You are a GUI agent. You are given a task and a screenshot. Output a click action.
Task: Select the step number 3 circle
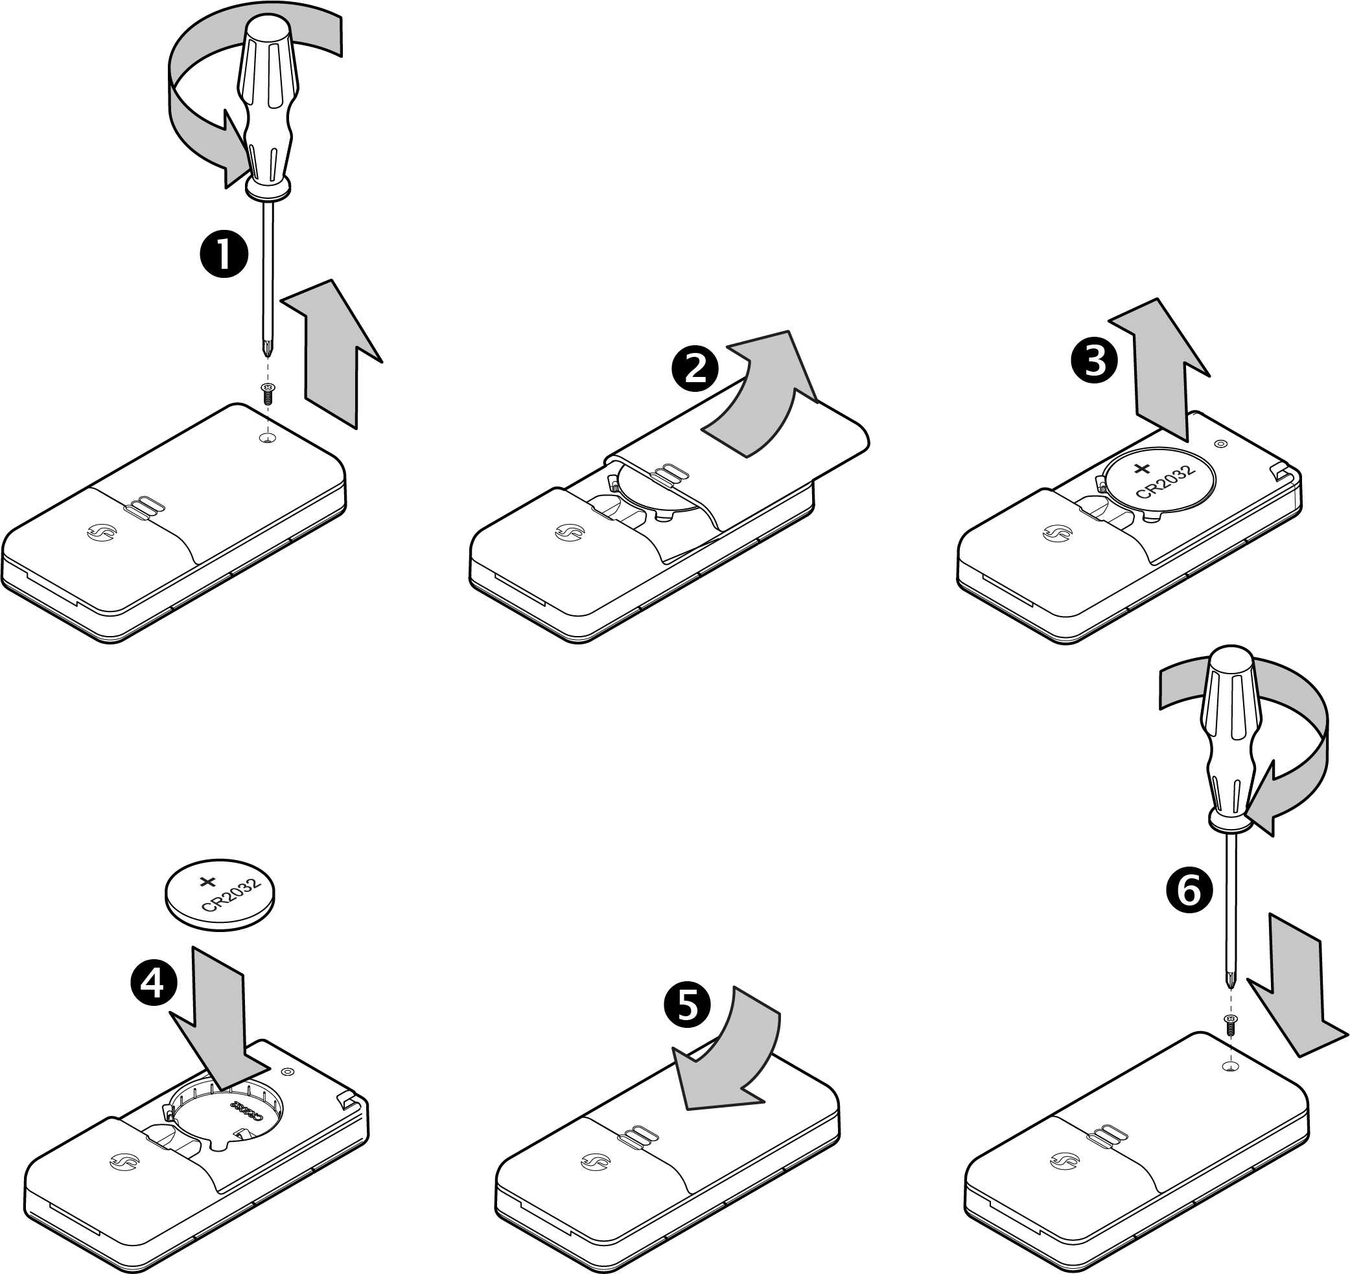pyautogui.click(x=1093, y=361)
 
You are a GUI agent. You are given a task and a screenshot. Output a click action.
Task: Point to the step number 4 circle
pyautogui.click(x=154, y=983)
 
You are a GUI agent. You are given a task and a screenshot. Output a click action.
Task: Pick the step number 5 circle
pyautogui.click(x=687, y=1005)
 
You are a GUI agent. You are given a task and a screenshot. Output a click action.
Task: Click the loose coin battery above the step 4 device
pyautogui.click(x=221, y=894)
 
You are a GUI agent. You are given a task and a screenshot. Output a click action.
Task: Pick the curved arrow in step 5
pyautogui.click(x=734, y=1060)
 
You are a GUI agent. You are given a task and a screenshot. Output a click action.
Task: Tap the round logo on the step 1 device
pyautogui.click(x=102, y=534)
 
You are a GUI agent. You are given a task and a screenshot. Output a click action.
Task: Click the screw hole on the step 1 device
pyautogui.click(x=269, y=438)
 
